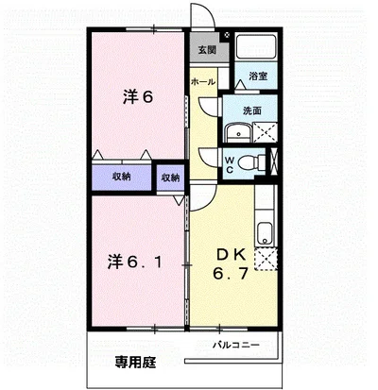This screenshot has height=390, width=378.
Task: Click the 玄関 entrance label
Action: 207,50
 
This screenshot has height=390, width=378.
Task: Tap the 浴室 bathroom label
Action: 258,76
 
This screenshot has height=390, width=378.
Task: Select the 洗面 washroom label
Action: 252,110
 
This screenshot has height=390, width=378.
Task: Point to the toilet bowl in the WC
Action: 248,163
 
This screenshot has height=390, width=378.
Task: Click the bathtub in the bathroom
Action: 256,46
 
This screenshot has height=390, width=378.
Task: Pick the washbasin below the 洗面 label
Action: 238,133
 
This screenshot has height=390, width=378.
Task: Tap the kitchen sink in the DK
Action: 265,233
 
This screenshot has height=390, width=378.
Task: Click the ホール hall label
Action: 203,82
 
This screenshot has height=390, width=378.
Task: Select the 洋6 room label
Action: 138,97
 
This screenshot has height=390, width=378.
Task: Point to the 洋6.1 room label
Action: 135,262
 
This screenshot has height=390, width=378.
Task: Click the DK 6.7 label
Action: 231,264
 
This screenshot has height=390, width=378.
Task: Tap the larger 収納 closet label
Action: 122,177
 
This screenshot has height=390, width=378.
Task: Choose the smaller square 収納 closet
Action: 170,178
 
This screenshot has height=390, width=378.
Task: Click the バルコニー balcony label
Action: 236,345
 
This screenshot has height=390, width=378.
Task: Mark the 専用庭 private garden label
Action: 135,363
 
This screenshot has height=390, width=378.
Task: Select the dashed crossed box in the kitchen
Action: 267,259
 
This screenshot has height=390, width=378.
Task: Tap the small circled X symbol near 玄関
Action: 227,35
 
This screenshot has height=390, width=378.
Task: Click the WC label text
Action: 230,165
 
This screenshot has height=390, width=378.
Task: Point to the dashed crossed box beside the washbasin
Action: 266,132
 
